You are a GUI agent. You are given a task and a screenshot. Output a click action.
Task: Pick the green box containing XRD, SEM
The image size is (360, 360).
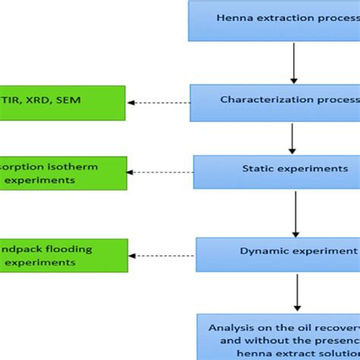(x=62, y=102)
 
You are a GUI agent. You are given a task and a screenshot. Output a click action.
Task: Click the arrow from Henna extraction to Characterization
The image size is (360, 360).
(x=292, y=62)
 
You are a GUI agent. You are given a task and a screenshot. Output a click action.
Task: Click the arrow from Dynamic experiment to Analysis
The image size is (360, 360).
(x=296, y=292)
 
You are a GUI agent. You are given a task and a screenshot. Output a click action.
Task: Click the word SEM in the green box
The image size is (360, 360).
(x=72, y=101)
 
